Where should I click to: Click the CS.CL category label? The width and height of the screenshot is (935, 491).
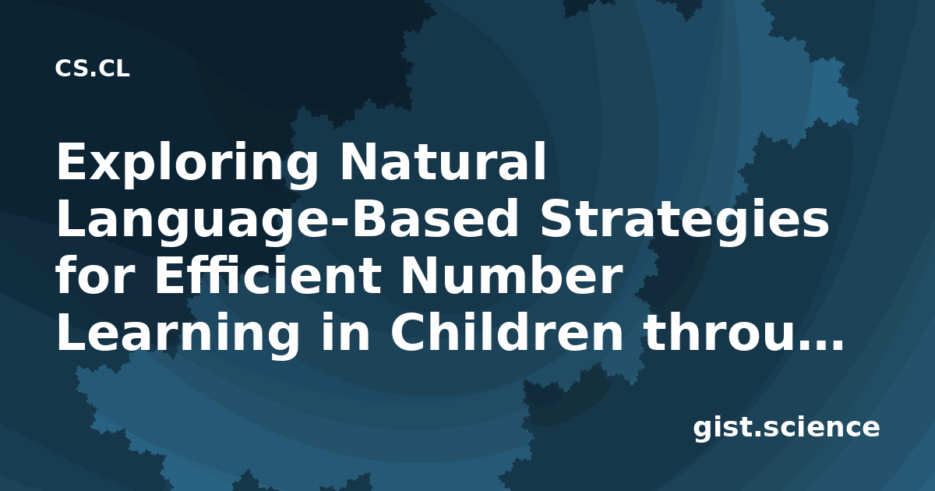coord(92,69)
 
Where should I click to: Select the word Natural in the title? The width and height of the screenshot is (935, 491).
coord(443,161)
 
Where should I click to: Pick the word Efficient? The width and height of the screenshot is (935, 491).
coord(268,275)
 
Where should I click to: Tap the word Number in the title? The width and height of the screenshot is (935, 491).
coord(510,275)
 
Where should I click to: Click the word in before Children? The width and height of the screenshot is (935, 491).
coord(344,332)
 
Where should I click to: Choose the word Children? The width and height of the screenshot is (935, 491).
coord(506,332)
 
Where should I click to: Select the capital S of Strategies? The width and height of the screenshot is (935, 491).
coord(556,218)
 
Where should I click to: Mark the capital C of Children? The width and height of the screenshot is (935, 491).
coord(408,332)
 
